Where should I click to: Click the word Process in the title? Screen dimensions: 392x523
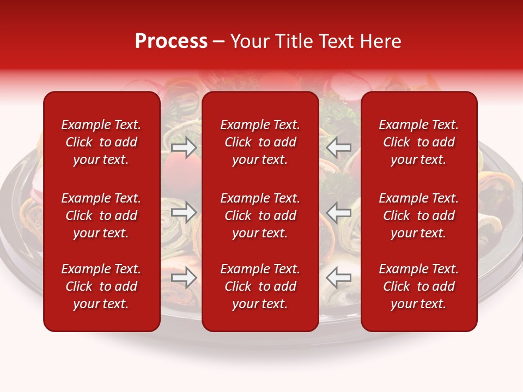click(171, 41)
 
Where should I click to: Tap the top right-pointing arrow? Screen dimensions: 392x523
click(184, 148)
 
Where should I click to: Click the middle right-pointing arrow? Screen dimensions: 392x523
click(184, 212)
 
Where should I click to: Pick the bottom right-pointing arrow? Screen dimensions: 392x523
click(184, 278)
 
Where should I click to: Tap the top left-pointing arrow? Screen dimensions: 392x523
click(339, 148)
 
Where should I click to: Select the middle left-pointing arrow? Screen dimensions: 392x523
click(339, 212)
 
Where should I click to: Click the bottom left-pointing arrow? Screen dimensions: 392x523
click(339, 278)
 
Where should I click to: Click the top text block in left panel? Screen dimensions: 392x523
click(101, 142)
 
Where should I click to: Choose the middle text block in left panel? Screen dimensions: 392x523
click(101, 216)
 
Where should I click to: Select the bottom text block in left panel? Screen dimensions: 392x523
click(101, 286)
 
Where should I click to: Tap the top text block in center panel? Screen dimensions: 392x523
click(260, 142)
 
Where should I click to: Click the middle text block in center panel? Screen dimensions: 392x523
click(260, 216)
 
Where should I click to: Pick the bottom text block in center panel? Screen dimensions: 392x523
click(260, 286)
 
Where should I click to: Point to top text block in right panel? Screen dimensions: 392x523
click(419, 142)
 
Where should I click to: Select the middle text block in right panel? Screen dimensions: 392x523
click(419, 216)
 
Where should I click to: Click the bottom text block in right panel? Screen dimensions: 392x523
click(419, 286)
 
